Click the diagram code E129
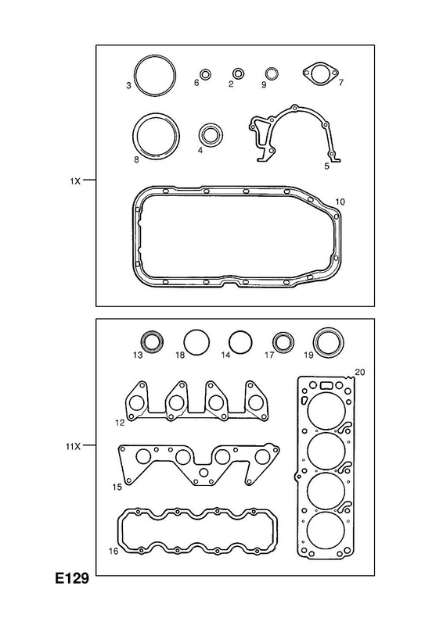72,578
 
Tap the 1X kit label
75,181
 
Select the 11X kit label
73,447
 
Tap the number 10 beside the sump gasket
340,202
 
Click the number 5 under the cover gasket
326,166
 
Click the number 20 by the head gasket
359,373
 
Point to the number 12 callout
120,423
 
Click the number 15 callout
117,487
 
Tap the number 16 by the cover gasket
113,552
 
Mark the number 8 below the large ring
136,160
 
